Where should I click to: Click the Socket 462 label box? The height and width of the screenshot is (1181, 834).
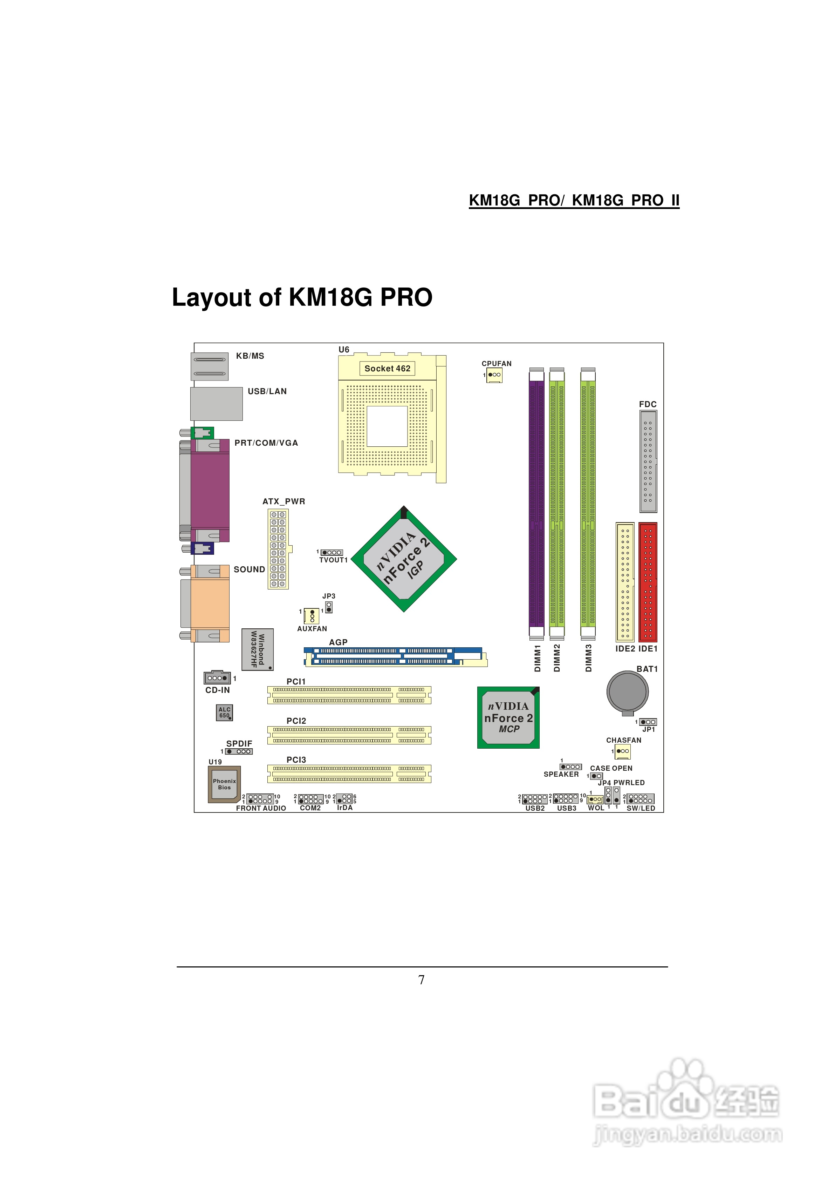click(x=387, y=368)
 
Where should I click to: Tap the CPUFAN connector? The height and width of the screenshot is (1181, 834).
click(x=494, y=375)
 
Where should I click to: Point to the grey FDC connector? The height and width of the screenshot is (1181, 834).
click(x=648, y=461)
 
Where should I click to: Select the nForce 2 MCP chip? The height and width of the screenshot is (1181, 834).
click(x=508, y=717)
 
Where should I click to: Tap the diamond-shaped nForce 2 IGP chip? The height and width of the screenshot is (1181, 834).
click(x=404, y=559)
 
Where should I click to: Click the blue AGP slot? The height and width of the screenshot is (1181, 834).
click(x=395, y=657)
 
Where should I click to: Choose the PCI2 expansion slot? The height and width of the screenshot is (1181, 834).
click(x=349, y=735)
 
